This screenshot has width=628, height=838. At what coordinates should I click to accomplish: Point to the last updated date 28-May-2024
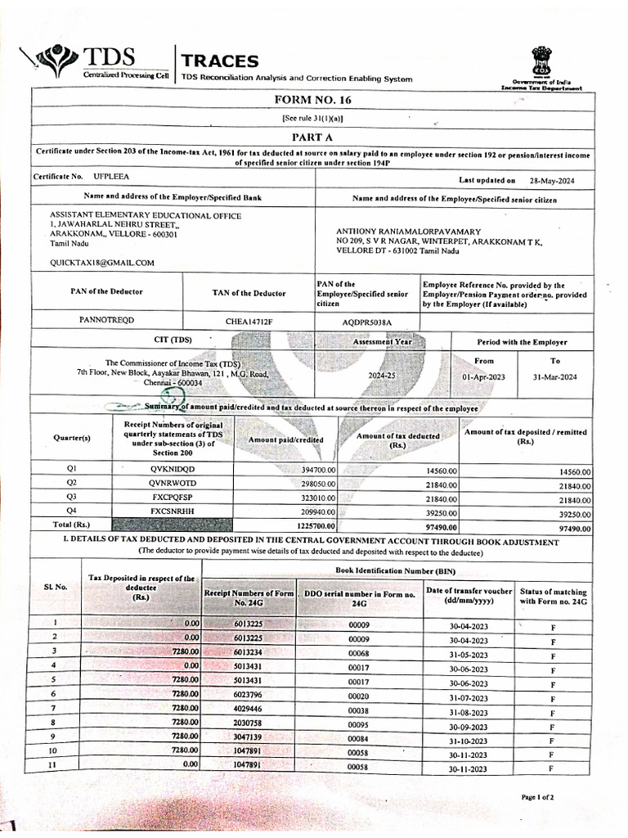(x=553, y=180)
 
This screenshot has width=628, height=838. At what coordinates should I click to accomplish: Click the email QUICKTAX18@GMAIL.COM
(x=102, y=263)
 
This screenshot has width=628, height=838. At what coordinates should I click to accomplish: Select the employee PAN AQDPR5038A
(x=366, y=322)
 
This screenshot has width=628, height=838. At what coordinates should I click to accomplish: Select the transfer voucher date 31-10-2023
(x=467, y=741)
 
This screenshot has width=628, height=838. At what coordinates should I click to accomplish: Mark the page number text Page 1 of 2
(x=537, y=796)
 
